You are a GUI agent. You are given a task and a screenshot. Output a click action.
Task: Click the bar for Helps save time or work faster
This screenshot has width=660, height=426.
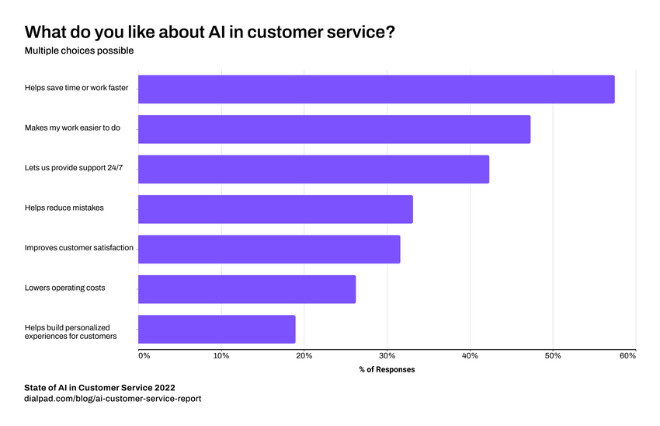click(376, 89)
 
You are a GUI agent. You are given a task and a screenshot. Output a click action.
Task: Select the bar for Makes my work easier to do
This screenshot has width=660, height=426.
click(334, 129)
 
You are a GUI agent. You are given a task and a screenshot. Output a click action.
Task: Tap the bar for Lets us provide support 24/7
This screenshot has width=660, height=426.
click(314, 169)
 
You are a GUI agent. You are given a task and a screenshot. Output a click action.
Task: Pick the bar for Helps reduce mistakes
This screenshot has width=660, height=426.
click(275, 209)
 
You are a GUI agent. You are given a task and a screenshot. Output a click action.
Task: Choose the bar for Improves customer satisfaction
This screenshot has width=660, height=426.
click(269, 249)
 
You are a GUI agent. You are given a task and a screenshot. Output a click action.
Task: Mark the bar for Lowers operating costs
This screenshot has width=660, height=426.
click(247, 289)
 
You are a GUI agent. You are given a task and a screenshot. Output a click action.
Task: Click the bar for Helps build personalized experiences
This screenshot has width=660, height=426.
click(217, 329)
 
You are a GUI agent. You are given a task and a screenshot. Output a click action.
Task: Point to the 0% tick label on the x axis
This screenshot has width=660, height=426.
click(144, 355)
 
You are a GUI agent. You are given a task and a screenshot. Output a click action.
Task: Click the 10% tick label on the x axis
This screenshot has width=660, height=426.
click(221, 355)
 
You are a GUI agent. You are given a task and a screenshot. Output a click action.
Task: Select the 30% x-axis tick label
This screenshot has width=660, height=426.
click(387, 355)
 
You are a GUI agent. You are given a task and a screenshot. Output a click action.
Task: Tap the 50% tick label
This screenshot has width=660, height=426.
click(552, 355)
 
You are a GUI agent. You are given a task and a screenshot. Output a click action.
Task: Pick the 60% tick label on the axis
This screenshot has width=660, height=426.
click(628, 355)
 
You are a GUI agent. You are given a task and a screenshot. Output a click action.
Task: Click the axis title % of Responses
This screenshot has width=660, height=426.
click(387, 369)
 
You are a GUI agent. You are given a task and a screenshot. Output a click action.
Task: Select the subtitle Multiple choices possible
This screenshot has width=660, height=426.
click(79, 51)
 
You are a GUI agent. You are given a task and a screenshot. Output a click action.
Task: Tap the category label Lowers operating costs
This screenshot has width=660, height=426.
click(64, 288)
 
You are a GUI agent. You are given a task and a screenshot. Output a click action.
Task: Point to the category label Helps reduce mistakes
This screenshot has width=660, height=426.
click(64, 208)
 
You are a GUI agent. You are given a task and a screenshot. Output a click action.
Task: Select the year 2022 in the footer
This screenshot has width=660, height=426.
click(162, 386)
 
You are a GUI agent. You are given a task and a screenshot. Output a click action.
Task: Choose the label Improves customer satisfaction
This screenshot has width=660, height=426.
click(79, 248)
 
